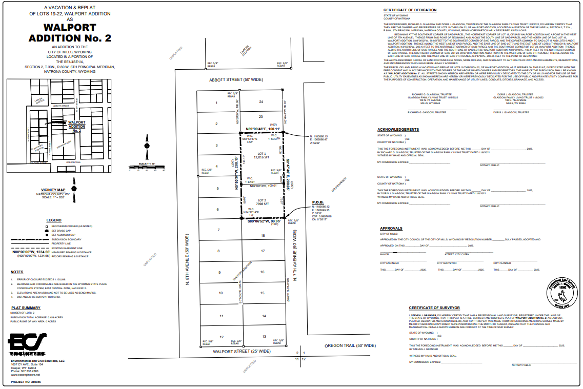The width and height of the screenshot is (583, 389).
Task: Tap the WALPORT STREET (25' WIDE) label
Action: [x=242, y=351]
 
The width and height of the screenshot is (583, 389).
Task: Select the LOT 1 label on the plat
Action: [x=262, y=154]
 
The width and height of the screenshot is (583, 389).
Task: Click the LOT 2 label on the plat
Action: [x=262, y=200]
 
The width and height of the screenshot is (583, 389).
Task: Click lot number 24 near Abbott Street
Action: [x=261, y=102]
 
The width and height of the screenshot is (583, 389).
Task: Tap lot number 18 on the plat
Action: [x=263, y=235]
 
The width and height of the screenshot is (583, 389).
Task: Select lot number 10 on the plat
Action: [x=221, y=293]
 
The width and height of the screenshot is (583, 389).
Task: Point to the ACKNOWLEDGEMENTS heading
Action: [x=398, y=129]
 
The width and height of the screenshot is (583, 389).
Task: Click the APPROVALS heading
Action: [x=391, y=229]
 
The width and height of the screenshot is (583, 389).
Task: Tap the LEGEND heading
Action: [x=54, y=220]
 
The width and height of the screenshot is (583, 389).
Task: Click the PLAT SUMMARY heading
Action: [x=26, y=308]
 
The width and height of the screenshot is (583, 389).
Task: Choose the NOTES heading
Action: [x=17, y=272]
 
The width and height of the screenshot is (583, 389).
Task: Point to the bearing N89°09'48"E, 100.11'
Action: [x=263, y=129]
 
